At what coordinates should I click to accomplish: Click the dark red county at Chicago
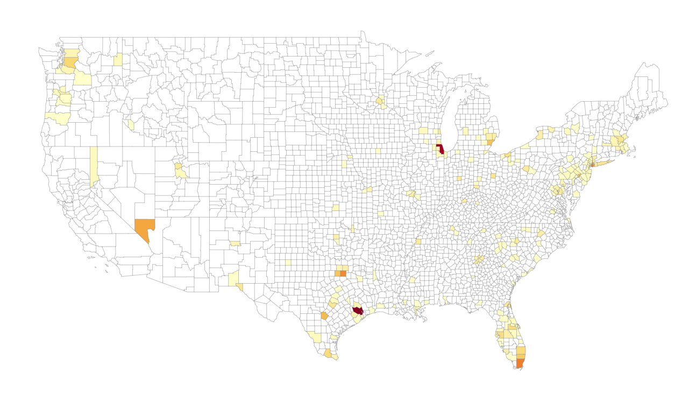tap(440, 149)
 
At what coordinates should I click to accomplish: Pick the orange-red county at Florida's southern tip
tap(520, 363)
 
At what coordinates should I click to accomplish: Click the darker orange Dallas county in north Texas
tap(343, 273)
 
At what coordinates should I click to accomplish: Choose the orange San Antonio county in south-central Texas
tap(324, 316)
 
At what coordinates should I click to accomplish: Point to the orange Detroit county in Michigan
tap(489, 143)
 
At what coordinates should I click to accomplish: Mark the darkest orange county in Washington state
tap(71, 62)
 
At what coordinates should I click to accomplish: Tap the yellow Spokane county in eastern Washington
tap(118, 59)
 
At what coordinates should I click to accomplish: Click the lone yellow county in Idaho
tap(131, 125)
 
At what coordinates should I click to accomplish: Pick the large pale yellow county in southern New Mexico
tap(233, 279)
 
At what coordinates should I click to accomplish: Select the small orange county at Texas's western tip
tap(239, 287)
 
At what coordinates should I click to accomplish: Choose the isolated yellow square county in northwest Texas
tap(288, 263)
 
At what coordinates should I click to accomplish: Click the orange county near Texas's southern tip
tap(328, 353)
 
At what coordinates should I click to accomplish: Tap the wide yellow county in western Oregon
tap(58, 118)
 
